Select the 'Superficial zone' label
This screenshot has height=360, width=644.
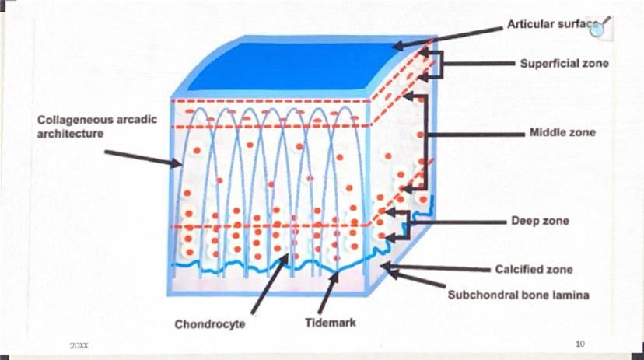coord(565,63)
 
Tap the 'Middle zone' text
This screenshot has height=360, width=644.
coord(562,132)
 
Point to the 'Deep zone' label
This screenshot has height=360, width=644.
coord(540,221)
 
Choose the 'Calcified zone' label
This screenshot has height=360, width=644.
coord(534,269)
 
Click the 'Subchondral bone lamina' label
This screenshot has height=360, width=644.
coord(518,295)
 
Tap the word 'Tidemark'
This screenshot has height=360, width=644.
coord(331,323)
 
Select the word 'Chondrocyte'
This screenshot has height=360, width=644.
coord(210,324)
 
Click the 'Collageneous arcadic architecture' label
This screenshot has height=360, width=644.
coord(97,127)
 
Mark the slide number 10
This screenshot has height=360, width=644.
coord(580,344)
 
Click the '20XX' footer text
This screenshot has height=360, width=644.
coord(79,346)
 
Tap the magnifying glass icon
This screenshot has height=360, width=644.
coord(599,27)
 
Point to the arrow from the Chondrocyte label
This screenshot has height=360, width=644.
coord(269,284)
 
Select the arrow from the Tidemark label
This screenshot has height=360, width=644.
coord(328,292)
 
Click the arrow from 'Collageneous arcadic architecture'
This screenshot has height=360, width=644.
coord(143,159)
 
